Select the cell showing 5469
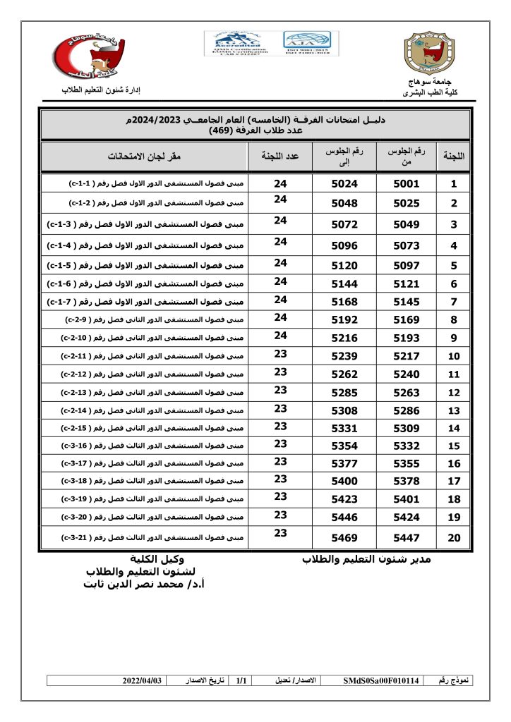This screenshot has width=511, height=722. click(x=345, y=538)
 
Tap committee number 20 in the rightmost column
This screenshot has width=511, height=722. click(x=454, y=538)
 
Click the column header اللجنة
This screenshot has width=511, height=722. click(x=454, y=157)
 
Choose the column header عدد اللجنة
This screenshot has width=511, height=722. click(x=281, y=156)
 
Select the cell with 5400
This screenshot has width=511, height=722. click(x=345, y=480)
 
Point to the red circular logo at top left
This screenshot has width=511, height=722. click(x=89, y=55)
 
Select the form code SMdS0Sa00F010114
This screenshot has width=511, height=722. click(x=380, y=680)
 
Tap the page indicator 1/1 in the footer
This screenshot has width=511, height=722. click(x=241, y=680)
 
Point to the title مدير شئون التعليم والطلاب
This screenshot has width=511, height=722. click(x=366, y=559)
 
